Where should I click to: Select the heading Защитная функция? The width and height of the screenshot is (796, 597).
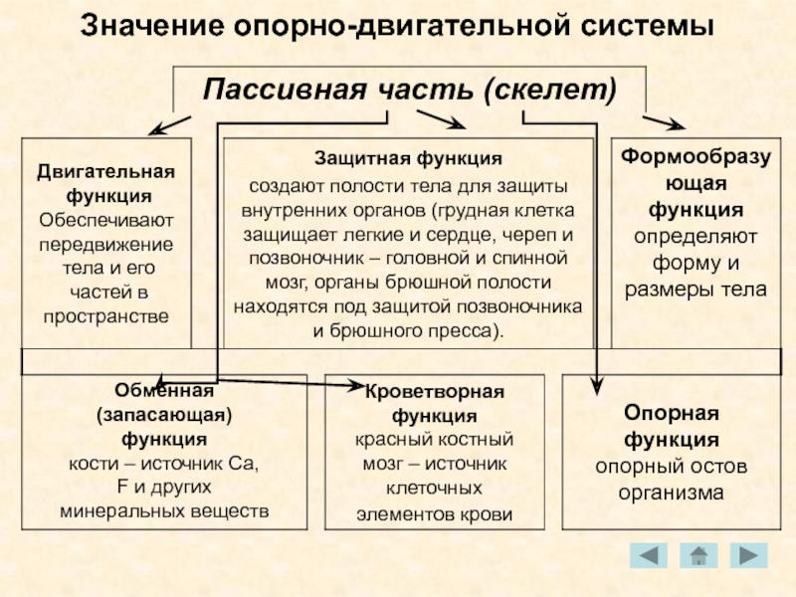(408, 159)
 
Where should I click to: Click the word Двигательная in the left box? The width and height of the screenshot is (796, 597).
(105, 171)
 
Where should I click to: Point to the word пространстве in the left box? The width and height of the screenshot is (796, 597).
(105, 315)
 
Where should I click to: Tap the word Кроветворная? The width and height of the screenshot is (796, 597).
(434, 391)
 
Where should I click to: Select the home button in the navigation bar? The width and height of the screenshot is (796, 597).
(698, 555)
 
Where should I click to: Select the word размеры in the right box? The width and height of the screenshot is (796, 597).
(676, 290)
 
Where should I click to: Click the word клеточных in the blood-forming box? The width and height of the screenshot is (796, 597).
(434, 489)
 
